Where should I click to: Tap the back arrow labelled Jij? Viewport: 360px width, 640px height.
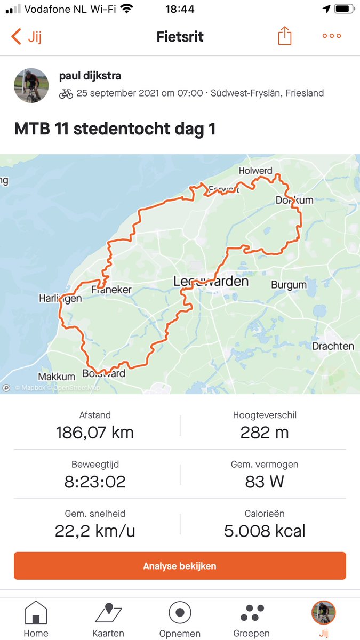pyautogui.click(x=26, y=37)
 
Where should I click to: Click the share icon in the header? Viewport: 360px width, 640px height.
pyautogui.click(x=285, y=36)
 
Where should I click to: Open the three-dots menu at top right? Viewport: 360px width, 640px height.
pyautogui.click(x=331, y=36)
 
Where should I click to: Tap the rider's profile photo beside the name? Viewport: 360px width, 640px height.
pyautogui.click(x=31, y=85)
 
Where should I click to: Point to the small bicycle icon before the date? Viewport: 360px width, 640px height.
pyautogui.click(x=66, y=93)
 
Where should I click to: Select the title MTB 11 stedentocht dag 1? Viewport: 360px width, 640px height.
pyautogui.click(x=115, y=130)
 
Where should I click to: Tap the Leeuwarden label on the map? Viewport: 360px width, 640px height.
pyautogui.click(x=211, y=281)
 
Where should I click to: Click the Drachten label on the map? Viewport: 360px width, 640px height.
pyautogui.click(x=333, y=346)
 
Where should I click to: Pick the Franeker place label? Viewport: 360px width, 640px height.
pyautogui.click(x=111, y=290)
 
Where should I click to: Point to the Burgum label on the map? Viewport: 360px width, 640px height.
pyautogui.click(x=289, y=285)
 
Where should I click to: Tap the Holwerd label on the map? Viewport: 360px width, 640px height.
pyautogui.click(x=255, y=171)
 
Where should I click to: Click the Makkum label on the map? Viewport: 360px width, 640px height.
pyautogui.click(x=57, y=377)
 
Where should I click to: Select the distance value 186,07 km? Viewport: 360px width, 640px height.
pyautogui.click(x=94, y=432)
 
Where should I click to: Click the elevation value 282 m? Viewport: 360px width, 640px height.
pyautogui.click(x=265, y=432)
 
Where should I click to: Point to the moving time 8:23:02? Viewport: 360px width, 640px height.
pyautogui.click(x=94, y=482)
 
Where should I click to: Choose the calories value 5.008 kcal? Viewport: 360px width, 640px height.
pyautogui.click(x=265, y=531)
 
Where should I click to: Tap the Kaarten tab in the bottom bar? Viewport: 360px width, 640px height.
pyautogui.click(x=109, y=619)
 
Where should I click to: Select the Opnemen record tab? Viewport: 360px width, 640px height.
pyautogui.click(x=180, y=619)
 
